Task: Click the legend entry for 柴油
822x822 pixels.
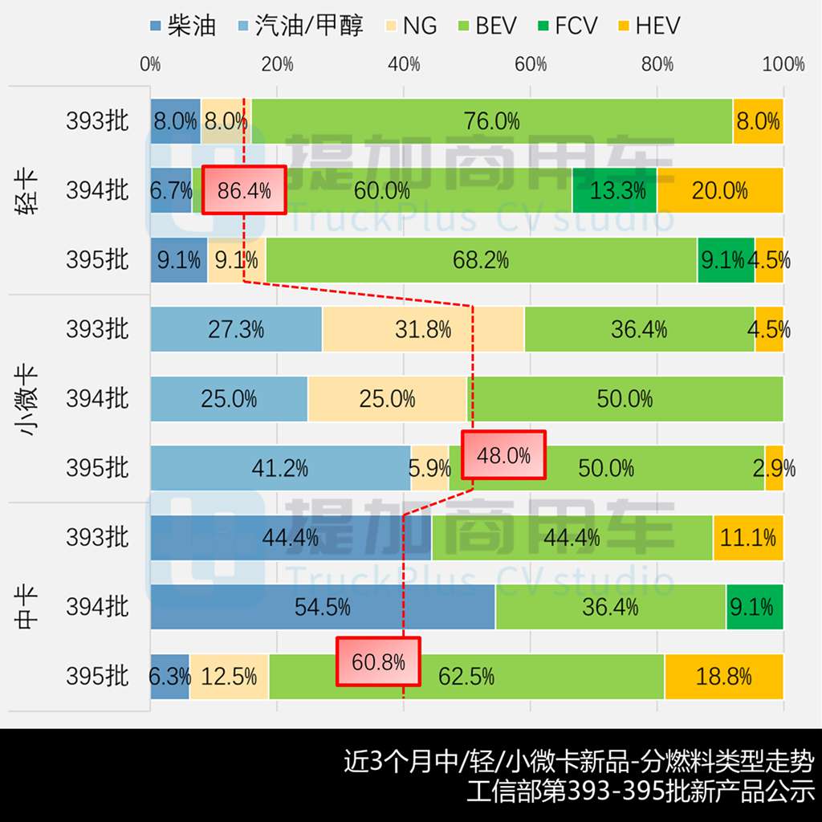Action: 183,26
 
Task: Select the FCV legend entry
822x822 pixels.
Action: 567,26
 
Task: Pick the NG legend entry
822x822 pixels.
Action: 409,26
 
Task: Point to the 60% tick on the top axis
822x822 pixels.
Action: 531,65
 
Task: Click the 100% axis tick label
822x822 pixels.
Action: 783,65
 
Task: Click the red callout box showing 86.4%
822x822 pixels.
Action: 244,190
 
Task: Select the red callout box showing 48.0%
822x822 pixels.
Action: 503,455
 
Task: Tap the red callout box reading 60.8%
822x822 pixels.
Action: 378,661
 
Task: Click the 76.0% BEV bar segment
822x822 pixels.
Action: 491,121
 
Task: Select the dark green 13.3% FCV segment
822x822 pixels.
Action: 614,190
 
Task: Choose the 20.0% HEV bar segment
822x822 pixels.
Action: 720,190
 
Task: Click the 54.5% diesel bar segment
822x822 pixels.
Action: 323,607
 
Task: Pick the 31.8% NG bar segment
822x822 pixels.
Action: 423,329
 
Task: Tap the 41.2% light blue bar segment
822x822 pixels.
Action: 280,468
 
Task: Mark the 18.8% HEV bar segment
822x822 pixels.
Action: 723,677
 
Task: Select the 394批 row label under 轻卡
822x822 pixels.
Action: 97,190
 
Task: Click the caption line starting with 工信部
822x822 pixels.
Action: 641,791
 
